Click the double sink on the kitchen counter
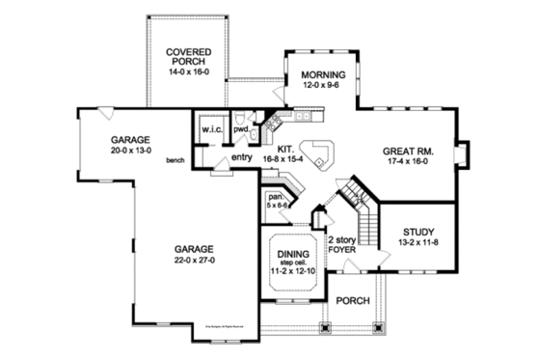(304, 117)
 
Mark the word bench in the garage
(175, 160)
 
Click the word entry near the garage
(241, 157)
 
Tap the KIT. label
(285, 151)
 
